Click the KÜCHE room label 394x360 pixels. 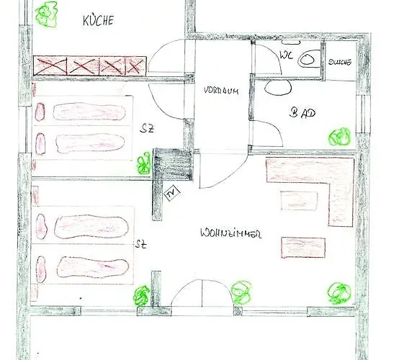point(98,22)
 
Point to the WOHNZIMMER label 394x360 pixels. point(230,234)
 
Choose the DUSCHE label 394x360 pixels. point(339,63)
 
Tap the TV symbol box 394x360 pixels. point(171,193)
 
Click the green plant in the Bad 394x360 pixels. point(339,137)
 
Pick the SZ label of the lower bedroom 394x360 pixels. point(140,245)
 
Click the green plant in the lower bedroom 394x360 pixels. point(141,295)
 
